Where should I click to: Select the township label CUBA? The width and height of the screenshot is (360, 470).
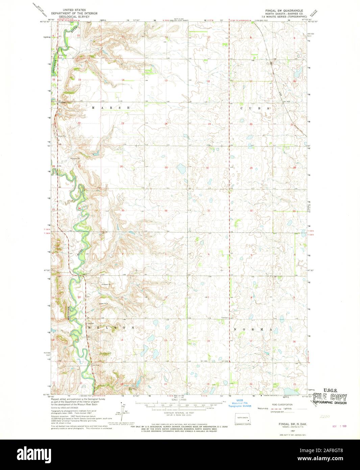(x=255, y=108)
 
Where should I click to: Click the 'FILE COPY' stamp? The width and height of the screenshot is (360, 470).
(x=330, y=397)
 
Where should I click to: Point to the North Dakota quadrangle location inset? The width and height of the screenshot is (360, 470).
(x=243, y=418)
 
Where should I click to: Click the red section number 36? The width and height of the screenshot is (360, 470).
(x=166, y=211)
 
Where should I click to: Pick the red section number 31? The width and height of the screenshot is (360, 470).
(x=209, y=211)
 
